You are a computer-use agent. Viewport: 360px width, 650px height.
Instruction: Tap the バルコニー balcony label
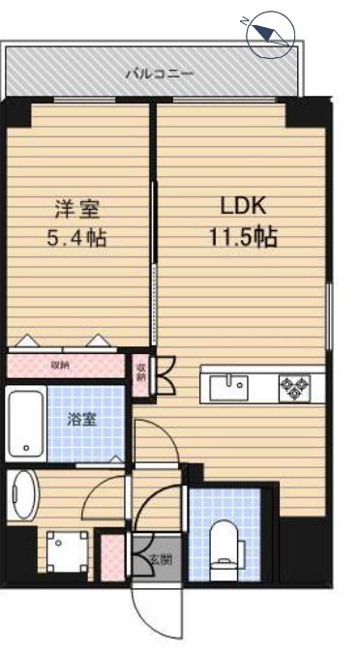coord(160,74)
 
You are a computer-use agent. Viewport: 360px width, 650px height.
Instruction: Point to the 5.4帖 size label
coord(76,237)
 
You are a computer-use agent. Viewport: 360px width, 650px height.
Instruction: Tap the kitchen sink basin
coord(232,386)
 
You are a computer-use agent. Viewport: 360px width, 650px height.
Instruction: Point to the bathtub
coord(26,423)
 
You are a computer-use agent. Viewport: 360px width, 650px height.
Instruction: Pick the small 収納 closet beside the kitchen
coord(141,371)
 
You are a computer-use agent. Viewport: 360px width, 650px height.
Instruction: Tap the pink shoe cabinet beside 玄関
coord(112,556)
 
